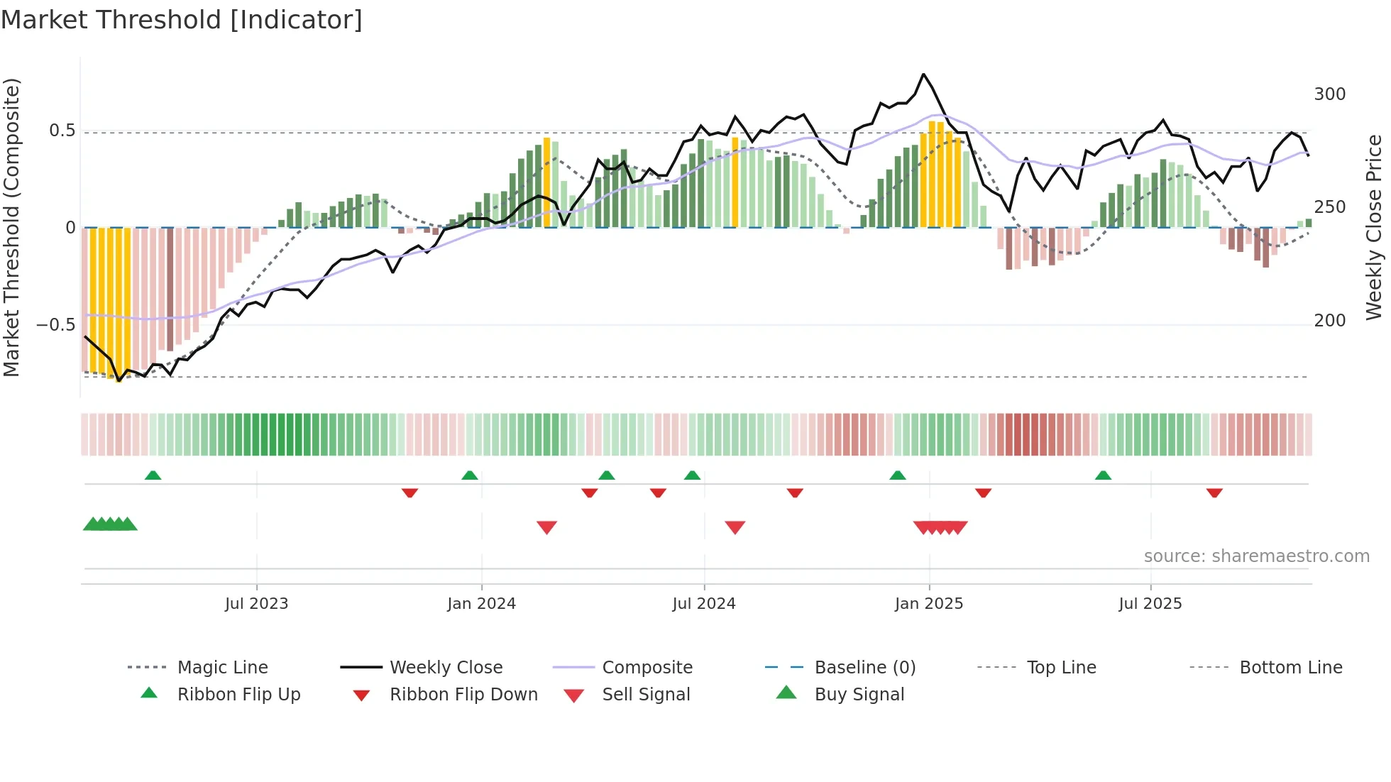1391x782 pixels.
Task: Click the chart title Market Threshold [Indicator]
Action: pyautogui.click(x=182, y=20)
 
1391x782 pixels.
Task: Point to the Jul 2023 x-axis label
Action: pyautogui.click(x=256, y=604)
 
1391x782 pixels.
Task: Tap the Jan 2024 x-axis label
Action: pyautogui.click(x=481, y=604)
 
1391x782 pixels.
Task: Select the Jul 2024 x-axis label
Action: pyautogui.click(x=703, y=604)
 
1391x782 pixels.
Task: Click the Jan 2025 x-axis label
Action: pyautogui.click(x=928, y=604)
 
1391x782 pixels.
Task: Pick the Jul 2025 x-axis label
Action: pyautogui.click(x=1150, y=604)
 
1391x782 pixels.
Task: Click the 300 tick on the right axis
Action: pyautogui.click(x=1329, y=94)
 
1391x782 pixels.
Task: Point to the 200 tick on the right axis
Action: pyautogui.click(x=1329, y=321)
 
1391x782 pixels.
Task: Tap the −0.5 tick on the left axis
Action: pyautogui.click(x=56, y=325)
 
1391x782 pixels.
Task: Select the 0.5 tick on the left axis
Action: pyautogui.click(x=62, y=131)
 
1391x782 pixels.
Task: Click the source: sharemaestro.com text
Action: pyautogui.click(x=1256, y=556)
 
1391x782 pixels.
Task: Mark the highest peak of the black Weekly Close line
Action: pyautogui.click(x=923, y=74)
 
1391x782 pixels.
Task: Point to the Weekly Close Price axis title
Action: pyautogui.click(x=1374, y=227)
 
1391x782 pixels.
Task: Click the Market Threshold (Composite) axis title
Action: pyautogui.click(x=11, y=227)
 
